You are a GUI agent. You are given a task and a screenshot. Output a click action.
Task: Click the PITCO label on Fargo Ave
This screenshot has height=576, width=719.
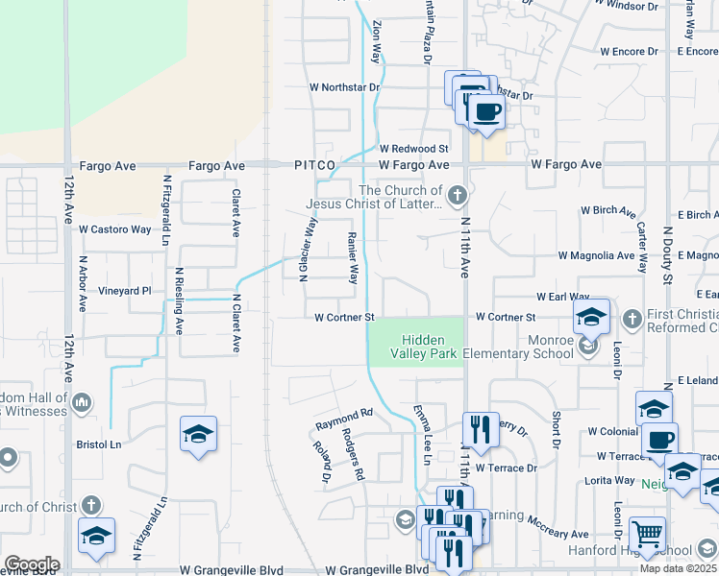point(314,166)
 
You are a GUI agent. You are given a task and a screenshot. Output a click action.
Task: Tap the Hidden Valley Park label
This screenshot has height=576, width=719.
point(421,347)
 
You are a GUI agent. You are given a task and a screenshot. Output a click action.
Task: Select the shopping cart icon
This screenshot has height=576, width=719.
point(647,535)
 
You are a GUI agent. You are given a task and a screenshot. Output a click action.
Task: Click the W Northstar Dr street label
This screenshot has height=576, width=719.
point(345,87)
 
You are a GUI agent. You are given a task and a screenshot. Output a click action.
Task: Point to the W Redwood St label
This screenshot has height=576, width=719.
point(413,149)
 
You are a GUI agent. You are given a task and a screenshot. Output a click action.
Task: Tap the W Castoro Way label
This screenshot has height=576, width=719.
point(115,229)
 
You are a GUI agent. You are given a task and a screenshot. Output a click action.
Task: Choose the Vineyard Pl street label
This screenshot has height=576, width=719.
point(125,290)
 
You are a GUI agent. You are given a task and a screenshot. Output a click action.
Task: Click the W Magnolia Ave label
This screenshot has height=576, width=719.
point(597,255)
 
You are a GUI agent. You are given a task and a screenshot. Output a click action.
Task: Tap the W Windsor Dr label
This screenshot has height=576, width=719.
point(626,6)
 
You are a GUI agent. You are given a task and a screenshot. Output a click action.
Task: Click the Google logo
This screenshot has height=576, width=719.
point(32,564)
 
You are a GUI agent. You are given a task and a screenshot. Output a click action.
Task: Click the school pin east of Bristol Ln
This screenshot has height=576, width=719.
point(198,435)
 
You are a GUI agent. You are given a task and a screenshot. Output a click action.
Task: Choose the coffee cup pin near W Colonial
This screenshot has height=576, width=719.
point(659,441)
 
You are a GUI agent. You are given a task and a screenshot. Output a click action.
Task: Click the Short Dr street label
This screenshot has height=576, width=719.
point(556,429)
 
